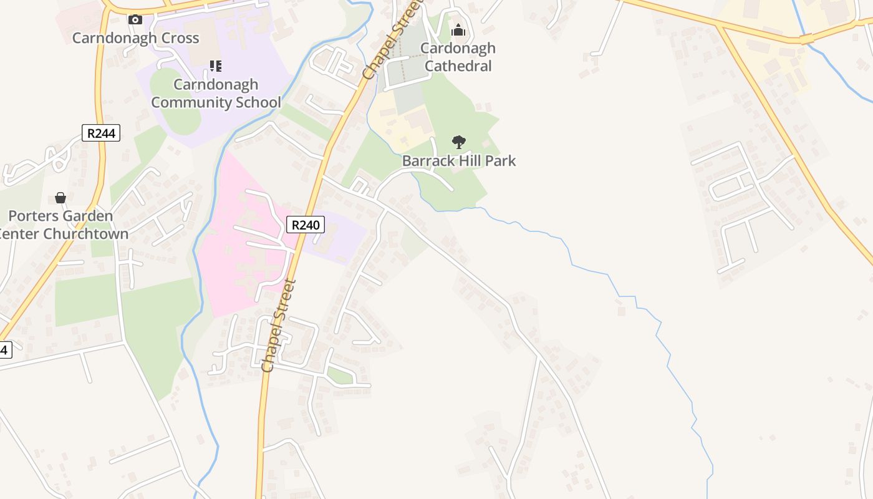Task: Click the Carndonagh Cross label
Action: coord(135,38)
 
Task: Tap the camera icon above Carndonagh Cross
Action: coord(135,20)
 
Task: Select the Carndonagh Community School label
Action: coord(216,94)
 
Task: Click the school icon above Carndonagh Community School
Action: coord(216,66)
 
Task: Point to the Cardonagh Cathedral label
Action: coord(458,57)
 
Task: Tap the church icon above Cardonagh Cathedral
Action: coord(458,30)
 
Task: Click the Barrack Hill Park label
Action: coord(459,161)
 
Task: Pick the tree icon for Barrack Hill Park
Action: coord(459,142)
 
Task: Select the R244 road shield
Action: coord(100,133)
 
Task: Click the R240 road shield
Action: coord(306,225)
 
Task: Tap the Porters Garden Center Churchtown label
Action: coord(62,225)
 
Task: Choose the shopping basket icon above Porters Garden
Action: coord(60,198)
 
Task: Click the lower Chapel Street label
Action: coord(279,326)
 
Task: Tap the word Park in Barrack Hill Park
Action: coord(501,161)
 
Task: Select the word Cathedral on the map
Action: coord(459,66)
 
